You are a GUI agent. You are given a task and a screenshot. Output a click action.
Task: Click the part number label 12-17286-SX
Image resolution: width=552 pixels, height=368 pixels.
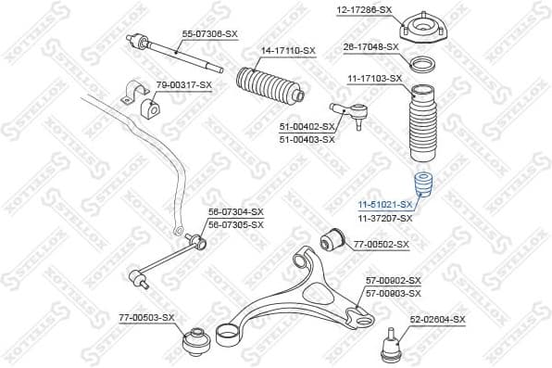coord(365,9)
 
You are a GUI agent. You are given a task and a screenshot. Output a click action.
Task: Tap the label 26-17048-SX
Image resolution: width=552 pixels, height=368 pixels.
coord(371,46)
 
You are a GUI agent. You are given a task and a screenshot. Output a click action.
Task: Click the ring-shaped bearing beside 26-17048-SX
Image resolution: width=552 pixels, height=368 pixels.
coord(424,65)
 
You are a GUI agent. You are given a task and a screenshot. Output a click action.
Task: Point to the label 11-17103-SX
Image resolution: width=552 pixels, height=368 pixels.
coord(373,79)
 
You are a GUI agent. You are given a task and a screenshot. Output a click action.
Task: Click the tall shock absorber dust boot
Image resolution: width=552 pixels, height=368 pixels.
coord(422,126)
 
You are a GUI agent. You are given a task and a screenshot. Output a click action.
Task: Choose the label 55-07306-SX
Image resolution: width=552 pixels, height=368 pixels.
coord(209,33)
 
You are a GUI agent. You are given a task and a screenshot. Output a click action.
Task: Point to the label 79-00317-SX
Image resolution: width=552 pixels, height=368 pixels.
coord(183,85)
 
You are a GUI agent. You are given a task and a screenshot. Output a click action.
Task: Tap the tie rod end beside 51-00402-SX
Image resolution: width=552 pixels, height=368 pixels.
coord(354,117)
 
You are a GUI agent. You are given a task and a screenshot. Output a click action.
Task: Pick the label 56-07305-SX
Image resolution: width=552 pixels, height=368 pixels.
coord(235,224)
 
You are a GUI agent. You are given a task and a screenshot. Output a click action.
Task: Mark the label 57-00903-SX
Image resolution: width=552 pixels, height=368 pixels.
coord(393,292)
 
